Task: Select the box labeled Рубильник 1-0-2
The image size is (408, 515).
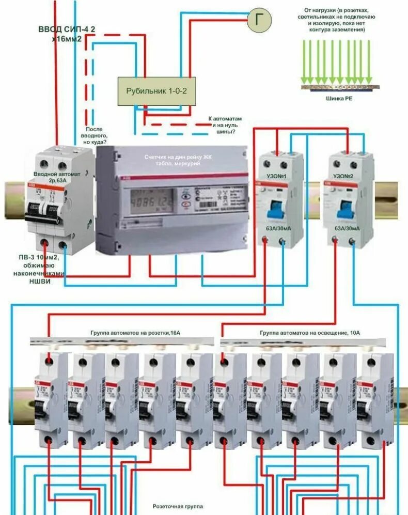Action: point(156,91)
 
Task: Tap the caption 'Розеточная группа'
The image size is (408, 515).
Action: point(178,506)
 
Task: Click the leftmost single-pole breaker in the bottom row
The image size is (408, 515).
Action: point(51,398)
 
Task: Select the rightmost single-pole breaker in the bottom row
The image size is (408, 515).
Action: point(373,398)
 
